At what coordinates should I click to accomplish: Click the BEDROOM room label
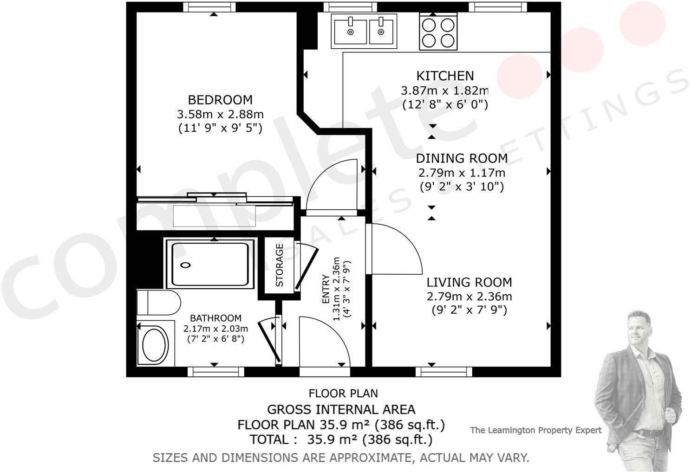(x=220, y=100)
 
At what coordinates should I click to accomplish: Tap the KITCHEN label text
(x=445, y=76)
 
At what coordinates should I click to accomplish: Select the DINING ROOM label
(x=462, y=158)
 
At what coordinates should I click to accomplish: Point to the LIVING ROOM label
(x=469, y=282)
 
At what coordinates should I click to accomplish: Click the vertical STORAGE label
(x=279, y=265)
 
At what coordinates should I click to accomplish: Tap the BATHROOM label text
(x=215, y=318)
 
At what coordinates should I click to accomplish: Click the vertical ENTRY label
(x=326, y=289)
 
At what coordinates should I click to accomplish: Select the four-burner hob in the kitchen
(x=438, y=32)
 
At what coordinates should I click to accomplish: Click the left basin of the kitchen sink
(x=351, y=32)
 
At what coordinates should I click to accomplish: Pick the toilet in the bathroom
(x=158, y=302)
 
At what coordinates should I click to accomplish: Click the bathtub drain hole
(x=186, y=265)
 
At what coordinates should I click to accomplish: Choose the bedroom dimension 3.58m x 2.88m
(x=220, y=114)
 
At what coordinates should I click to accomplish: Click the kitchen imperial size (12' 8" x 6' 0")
(x=445, y=104)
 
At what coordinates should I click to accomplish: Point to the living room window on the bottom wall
(x=444, y=372)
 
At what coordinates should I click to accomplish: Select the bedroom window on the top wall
(x=209, y=7)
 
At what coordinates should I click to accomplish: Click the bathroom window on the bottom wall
(x=216, y=372)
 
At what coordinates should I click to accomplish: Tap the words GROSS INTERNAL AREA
(x=341, y=410)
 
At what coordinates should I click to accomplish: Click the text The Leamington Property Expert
(x=536, y=430)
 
